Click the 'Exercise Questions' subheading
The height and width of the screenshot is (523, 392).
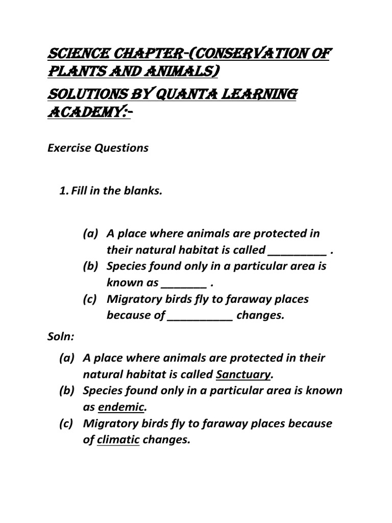[98, 148]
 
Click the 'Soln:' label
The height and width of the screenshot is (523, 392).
[61, 338]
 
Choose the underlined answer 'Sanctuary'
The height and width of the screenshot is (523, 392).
[243, 374]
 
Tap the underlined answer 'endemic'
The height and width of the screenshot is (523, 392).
[121, 407]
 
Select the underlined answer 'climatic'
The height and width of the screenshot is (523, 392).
[118, 440]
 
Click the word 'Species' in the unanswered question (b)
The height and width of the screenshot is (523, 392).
[125, 266]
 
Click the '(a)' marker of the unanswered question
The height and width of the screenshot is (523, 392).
[91, 233]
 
